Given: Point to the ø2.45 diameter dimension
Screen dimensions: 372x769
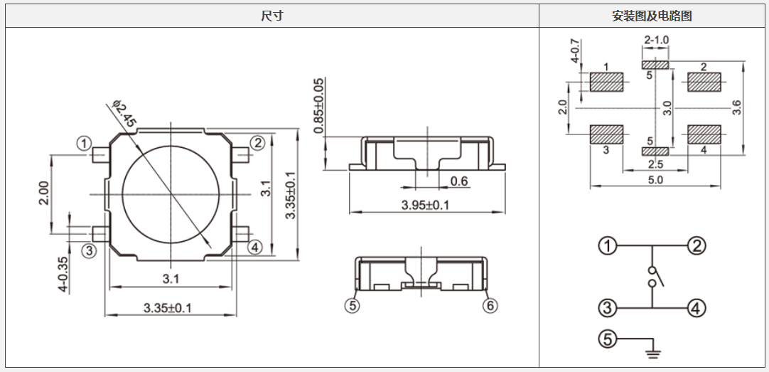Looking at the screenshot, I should click(123, 114).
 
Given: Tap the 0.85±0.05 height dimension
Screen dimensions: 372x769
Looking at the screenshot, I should click(319, 105).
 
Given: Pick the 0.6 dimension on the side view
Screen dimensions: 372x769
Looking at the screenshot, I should click(459, 181).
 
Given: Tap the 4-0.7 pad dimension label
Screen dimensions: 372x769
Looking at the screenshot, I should click(574, 51).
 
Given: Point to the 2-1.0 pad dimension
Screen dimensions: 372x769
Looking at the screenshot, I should click(656, 41).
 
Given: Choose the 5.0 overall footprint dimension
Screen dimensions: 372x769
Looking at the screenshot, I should click(655, 180).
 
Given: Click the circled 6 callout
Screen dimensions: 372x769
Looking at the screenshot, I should click(490, 306).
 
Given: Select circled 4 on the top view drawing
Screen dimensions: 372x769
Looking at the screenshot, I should click(254, 247).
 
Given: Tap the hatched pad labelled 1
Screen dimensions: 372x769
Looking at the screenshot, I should click(606, 83).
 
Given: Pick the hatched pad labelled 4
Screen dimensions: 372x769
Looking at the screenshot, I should click(704, 134).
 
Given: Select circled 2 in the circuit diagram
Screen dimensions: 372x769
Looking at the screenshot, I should click(696, 246).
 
